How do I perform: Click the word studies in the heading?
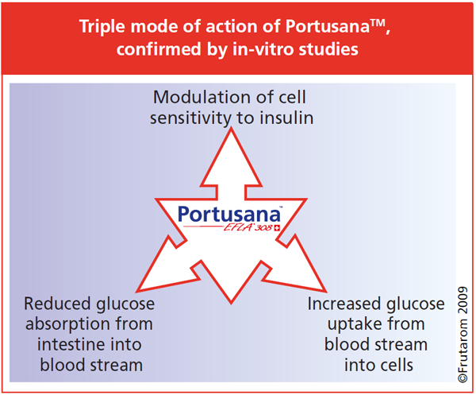(x=330, y=49)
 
